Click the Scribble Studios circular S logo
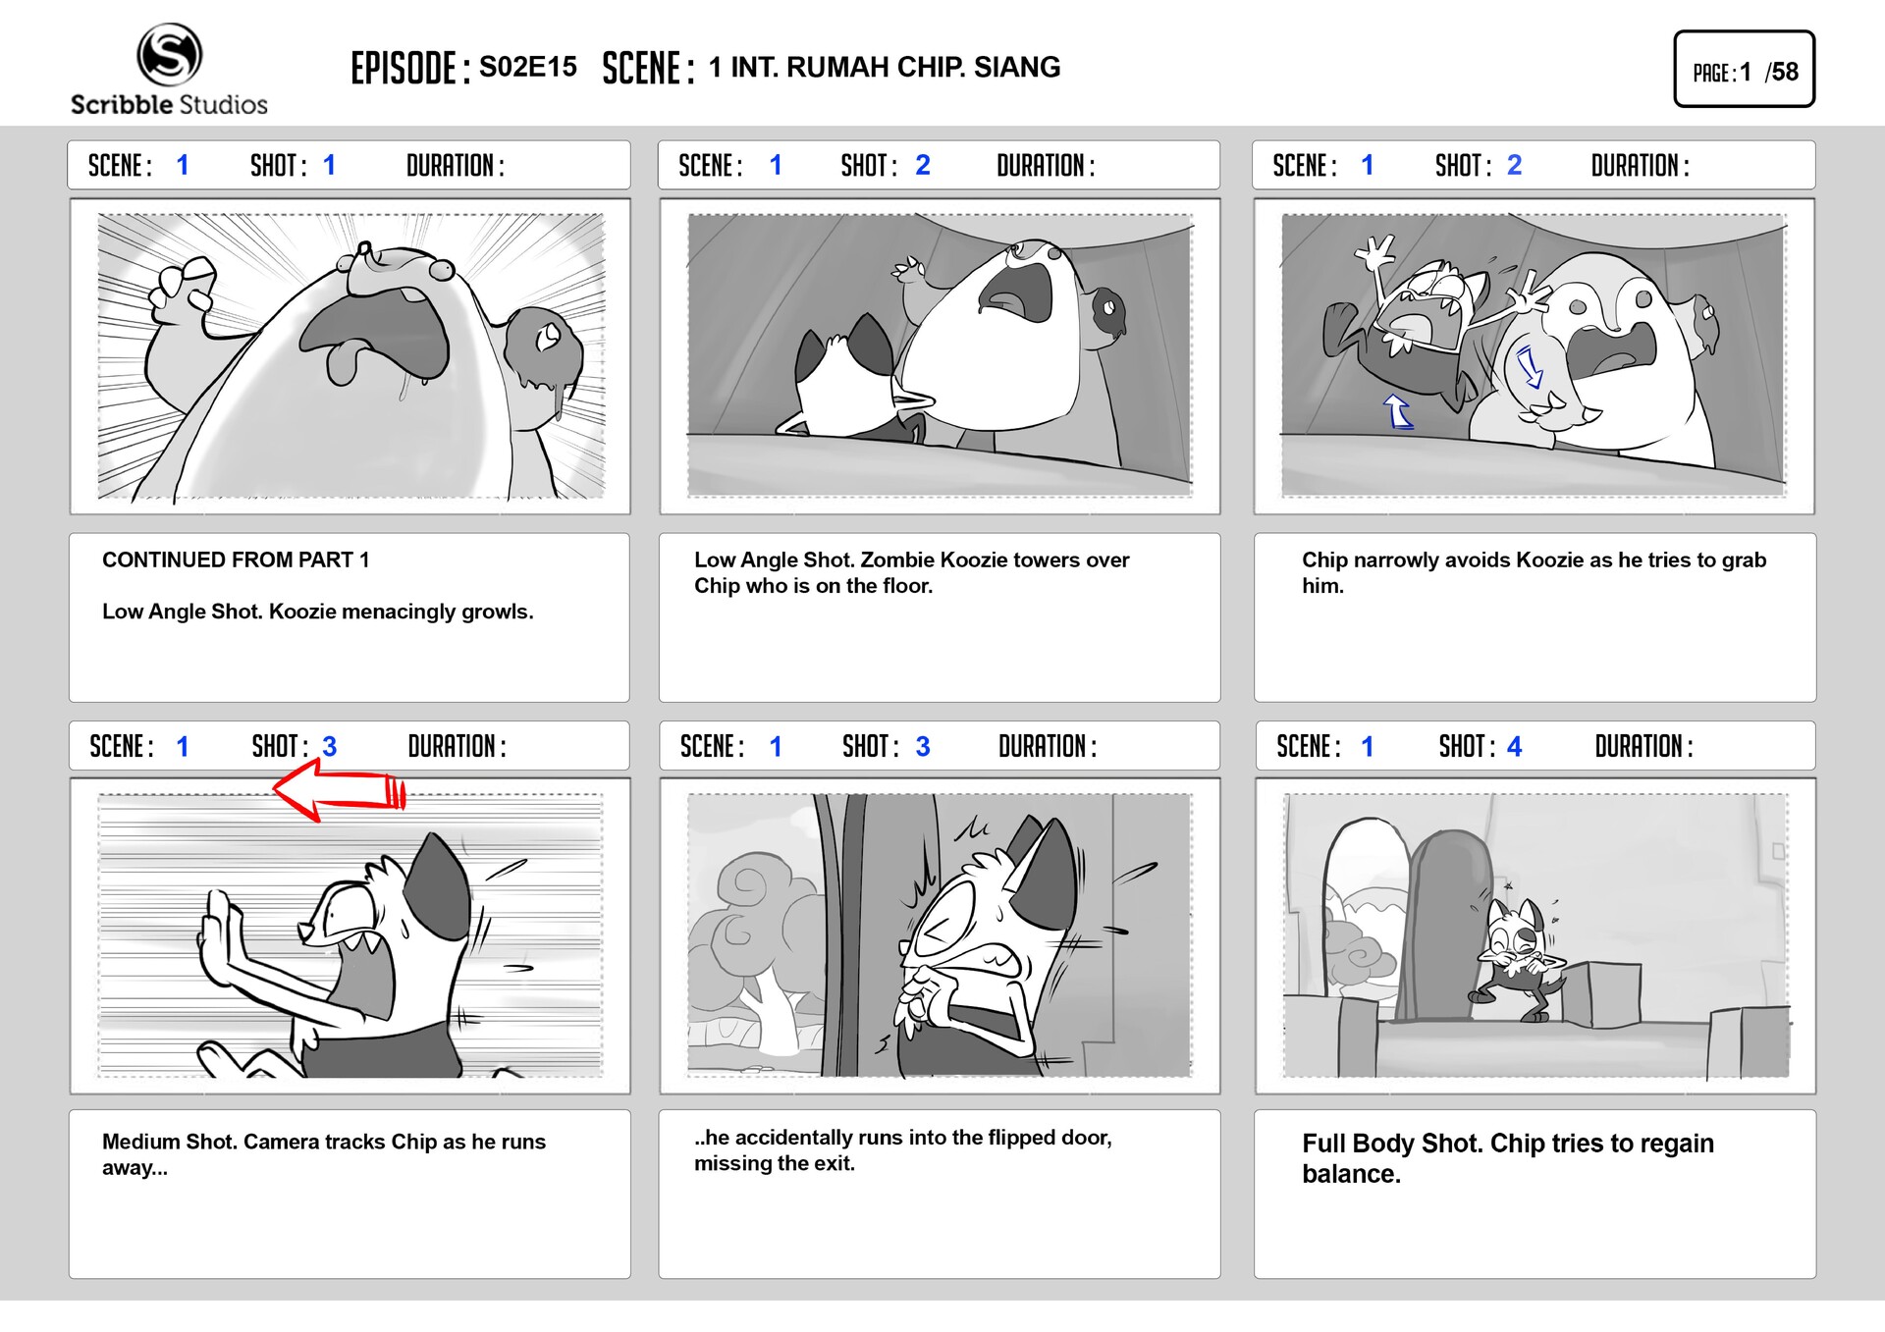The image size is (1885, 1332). pos(169,54)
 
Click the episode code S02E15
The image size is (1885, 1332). pos(527,67)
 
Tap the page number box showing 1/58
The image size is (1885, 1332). pos(1744,70)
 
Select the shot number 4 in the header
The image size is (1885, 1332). pos(1514,747)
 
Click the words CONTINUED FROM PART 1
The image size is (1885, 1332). pos(236,559)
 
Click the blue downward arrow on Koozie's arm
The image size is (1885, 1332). pos(1530,368)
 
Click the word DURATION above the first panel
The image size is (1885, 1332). pos(455,166)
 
